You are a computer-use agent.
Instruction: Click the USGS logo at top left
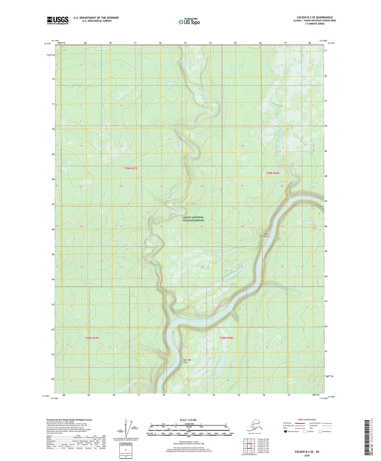58,20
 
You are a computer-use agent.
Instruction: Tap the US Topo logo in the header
189,22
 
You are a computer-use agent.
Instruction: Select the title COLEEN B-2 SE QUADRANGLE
315,17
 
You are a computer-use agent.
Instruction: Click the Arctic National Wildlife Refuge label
193,219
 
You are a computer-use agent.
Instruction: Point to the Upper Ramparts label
264,235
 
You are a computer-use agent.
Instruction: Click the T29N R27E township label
131,168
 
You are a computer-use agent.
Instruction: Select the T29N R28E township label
272,173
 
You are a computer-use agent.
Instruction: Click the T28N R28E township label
226,338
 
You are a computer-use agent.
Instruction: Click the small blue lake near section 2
170,84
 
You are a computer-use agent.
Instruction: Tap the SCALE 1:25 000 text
188,420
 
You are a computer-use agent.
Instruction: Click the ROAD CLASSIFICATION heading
307,420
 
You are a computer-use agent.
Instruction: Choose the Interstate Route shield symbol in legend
286,431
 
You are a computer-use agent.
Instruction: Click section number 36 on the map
202,267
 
